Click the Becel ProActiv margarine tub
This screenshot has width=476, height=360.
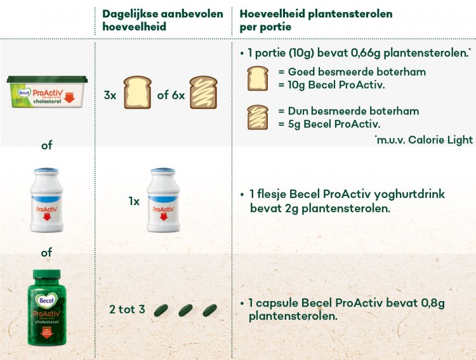coord(47,92)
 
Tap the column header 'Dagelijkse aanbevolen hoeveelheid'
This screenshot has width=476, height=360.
coord(162,20)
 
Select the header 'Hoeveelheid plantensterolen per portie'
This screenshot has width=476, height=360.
coord(316,20)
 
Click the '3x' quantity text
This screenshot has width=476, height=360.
coord(110,95)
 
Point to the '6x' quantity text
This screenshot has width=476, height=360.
coord(177,95)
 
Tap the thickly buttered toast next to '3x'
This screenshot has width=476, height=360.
coord(138,92)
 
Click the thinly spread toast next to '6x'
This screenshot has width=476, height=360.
coord(203,92)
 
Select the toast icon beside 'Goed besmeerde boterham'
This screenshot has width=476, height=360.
coord(258,78)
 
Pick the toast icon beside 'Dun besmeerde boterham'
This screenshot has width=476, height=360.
coord(258,117)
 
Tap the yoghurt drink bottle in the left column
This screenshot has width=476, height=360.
coord(46,200)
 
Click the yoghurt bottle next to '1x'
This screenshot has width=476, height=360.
coord(163,200)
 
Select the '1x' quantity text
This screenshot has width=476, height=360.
coord(134,201)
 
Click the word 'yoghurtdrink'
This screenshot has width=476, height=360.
coord(409,194)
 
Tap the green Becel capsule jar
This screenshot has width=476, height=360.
coord(47,307)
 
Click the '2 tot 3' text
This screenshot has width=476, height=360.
coord(127,309)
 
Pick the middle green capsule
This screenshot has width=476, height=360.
coord(185,310)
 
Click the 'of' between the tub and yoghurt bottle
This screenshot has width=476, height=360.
coord(47,145)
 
